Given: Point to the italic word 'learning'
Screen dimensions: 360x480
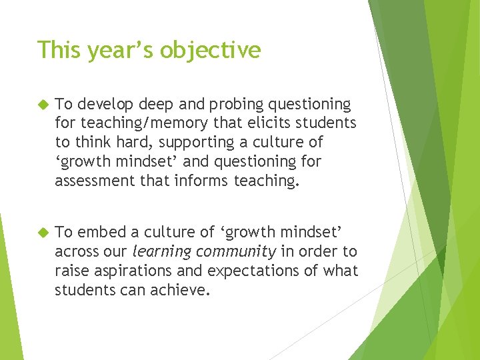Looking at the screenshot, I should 160,252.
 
